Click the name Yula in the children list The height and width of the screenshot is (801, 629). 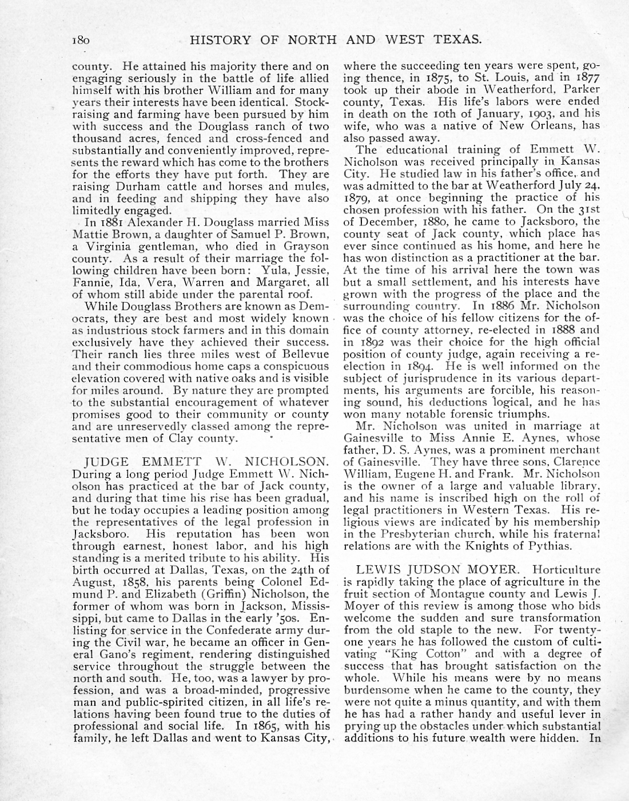(273, 270)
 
